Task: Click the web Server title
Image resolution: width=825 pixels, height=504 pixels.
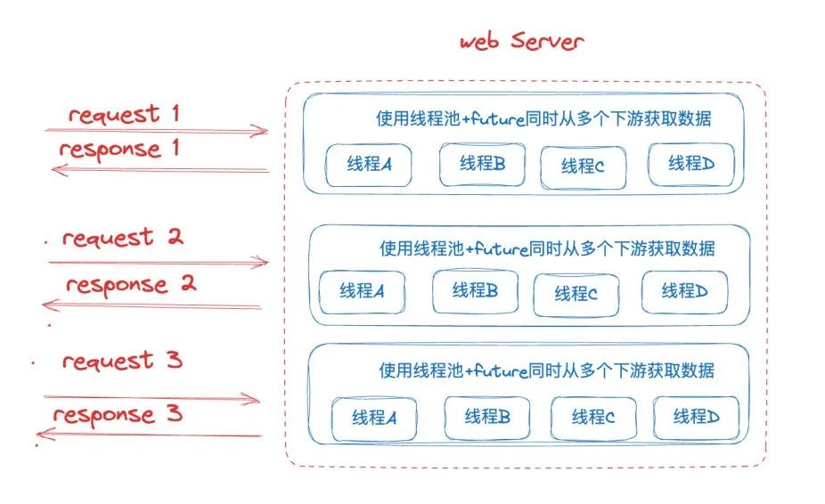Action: click(x=521, y=42)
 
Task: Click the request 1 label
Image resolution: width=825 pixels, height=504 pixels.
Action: click(x=124, y=114)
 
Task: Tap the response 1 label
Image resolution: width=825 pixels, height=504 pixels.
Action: click(x=119, y=149)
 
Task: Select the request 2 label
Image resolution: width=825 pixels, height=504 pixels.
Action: click(x=122, y=238)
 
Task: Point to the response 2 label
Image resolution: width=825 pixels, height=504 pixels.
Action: click(x=130, y=286)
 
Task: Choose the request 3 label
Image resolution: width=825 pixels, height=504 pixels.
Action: click(x=122, y=361)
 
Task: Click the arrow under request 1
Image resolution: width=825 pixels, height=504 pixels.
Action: click(x=157, y=132)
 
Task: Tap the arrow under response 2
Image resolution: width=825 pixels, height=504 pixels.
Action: click(x=152, y=306)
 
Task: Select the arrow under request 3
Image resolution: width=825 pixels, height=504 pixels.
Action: click(x=152, y=400)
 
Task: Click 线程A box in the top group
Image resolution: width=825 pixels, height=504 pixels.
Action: click(x=366, y=164)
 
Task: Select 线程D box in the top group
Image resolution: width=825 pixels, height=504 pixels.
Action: click(x=691, y=164)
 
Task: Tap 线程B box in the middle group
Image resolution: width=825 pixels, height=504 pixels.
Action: click(x=475, y=290)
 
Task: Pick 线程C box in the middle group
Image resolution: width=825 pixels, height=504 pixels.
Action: click(x=576, y=294)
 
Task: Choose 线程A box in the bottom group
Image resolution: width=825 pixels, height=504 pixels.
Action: click(x=374, y=417)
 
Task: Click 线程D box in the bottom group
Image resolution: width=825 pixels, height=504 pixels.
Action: click(x=696, y=416)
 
